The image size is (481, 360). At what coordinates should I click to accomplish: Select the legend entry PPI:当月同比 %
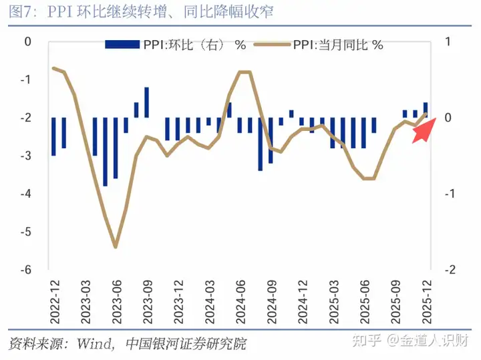click(x=337, y=45)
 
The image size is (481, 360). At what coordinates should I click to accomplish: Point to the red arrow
click(x=424, y=130)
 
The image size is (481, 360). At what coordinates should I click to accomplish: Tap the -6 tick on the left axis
click(x=27, y=271)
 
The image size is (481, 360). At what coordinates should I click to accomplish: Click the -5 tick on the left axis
click(x=27, y=232)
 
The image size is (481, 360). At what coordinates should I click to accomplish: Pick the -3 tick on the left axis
click(x=27, y=156)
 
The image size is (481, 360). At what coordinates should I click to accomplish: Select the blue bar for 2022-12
click(x=53, y=137)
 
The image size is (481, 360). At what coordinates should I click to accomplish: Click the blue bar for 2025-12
click(x=426, y=110)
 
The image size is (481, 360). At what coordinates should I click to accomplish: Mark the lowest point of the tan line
click(x=116, y=246)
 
